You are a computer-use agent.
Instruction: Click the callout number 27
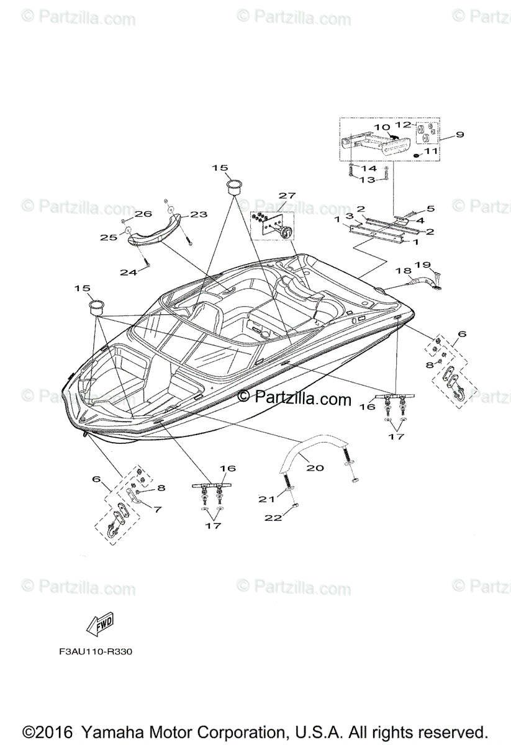coord(287,196)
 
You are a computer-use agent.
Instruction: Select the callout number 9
coord(460,135)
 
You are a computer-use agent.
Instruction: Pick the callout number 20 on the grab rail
coord(315,467)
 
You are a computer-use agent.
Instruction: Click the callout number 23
coord(198,214)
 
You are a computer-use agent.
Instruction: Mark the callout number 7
coord(157,509)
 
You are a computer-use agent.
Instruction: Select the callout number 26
coord(144,214)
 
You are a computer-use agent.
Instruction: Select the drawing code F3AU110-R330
coord(96,652)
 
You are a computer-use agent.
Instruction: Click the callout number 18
coord(404,270)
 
